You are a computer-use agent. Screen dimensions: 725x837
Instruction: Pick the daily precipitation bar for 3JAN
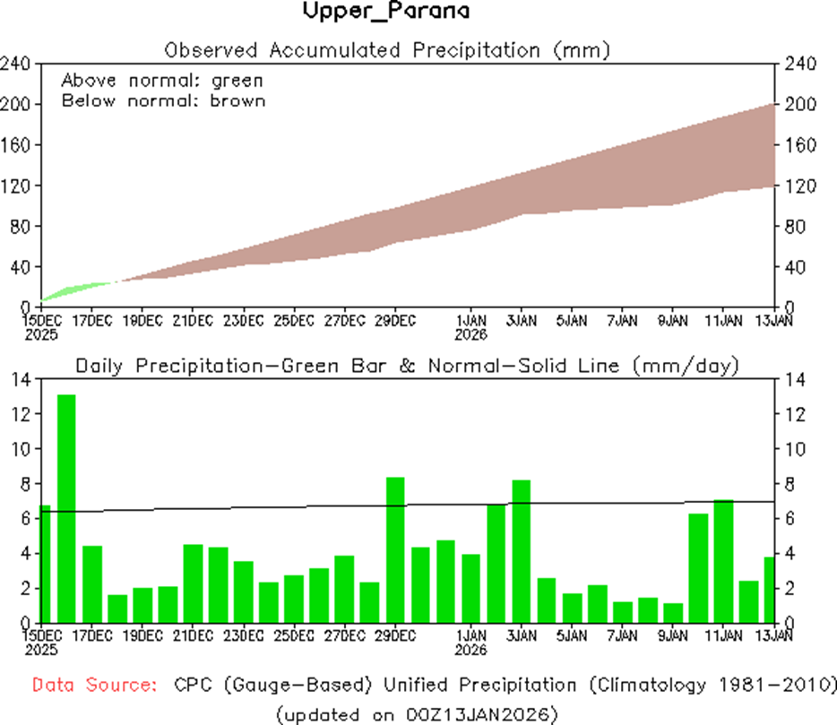[522, 550]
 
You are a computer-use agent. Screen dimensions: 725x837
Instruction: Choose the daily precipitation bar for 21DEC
[193, 583]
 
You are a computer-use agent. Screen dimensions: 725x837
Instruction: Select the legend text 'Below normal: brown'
[163, 100]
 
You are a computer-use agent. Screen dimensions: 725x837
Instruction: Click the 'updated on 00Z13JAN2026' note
[418, 714]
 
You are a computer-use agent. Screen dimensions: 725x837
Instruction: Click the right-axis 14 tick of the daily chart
[794, 380]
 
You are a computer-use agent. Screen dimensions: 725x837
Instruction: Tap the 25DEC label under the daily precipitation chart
[294, 636]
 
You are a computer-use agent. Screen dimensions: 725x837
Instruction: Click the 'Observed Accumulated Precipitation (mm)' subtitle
[387, 50]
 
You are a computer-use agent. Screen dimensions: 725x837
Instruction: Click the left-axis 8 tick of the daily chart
[26, 484]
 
